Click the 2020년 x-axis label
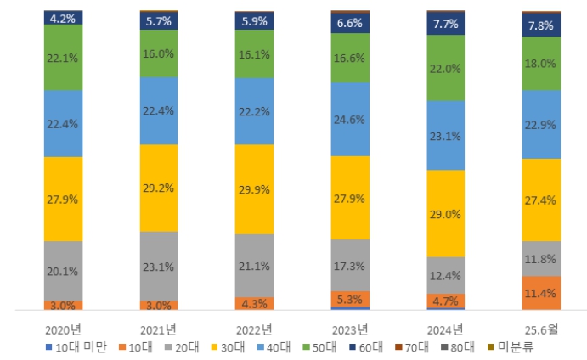64,329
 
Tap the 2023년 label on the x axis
350,329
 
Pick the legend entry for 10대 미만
76,346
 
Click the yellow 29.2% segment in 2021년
159,188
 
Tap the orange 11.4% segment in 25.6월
540,293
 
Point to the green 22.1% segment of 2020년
64,57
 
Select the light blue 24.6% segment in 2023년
350,119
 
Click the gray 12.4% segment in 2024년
445,275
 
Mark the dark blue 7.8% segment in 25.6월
540,25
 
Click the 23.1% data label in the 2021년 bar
159,267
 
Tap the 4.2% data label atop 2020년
64,17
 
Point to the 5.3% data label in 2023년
350,299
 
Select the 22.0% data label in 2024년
445,68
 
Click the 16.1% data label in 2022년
254,53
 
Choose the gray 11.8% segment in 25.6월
540,258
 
